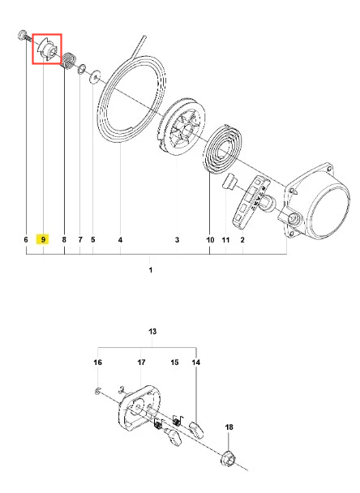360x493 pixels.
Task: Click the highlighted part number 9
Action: pos(43,239)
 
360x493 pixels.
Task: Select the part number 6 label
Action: pos(26,239)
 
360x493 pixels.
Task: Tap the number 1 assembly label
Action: pos(151,270)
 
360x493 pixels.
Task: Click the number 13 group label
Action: pos(152,332)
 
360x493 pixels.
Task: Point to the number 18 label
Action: pos(229,427)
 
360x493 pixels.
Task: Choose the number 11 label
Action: pos(225,240)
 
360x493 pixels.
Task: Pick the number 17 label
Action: pos(141,362)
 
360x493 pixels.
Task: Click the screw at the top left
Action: pos(24,36)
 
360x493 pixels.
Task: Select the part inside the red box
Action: pos(48,49)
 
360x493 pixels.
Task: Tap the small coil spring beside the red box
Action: pos(68,60)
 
